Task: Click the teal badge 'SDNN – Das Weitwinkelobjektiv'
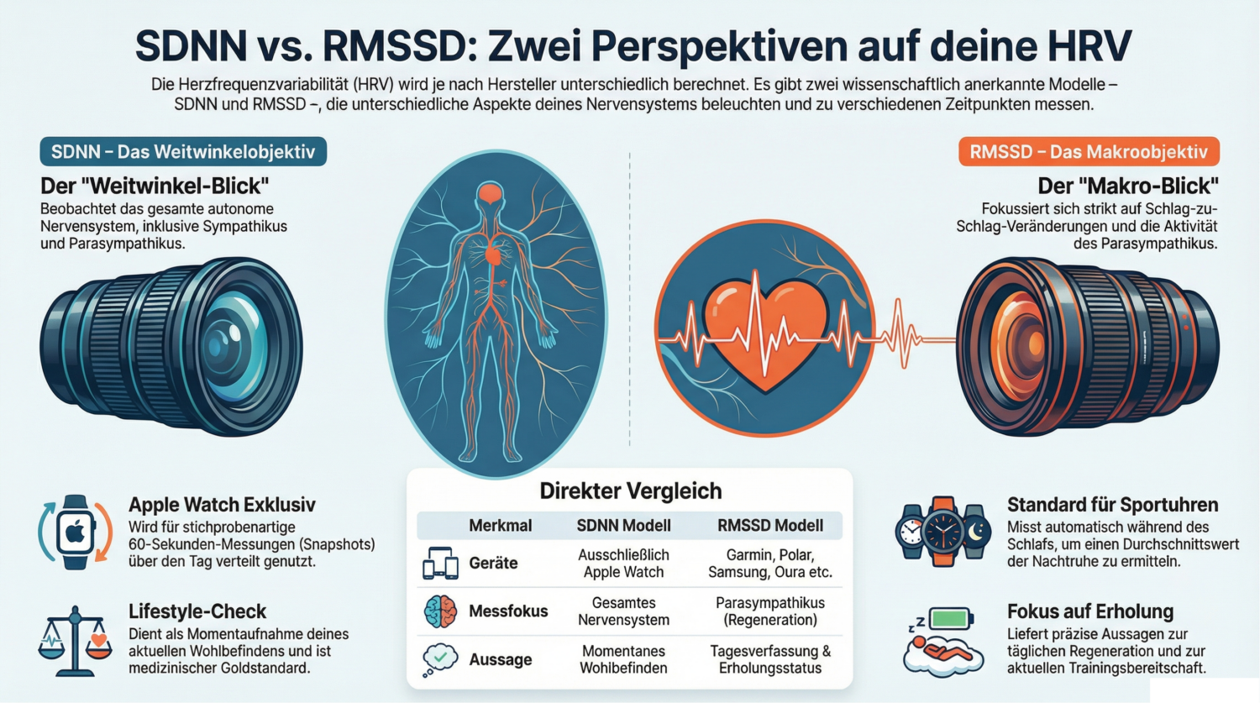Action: click(183, 152)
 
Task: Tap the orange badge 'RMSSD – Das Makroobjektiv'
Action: click(1089, 152)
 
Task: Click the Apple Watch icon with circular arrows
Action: click(76, 532)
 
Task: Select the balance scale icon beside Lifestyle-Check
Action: click(75, 641)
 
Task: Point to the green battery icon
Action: click(951, 619)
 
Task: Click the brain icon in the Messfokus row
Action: click(440, 611)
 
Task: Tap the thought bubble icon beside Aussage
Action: click(440, 659)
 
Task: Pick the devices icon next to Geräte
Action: click(440, 564)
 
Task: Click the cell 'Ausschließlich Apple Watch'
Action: click(623, 564)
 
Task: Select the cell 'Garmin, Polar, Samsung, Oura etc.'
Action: click(770, 564)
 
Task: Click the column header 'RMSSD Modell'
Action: click(770, 526)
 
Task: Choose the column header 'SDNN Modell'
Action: click(623, 526)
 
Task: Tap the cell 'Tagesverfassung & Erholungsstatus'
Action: click(770, 659)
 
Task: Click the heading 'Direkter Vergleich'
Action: click(630, 491)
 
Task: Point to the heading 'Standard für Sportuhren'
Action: click(1112, 505)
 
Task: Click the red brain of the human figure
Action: click(491, 195)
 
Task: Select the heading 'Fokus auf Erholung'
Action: click(1090, 611)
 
